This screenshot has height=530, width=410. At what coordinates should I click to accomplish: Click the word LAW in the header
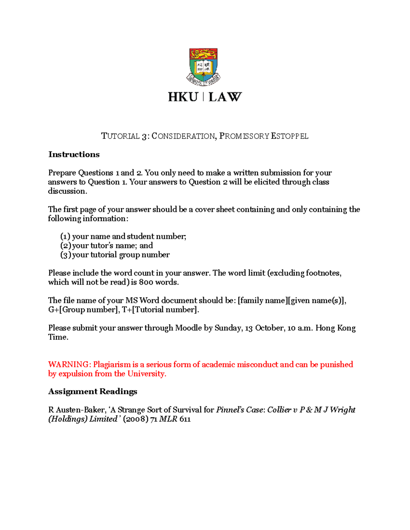pos(225,97)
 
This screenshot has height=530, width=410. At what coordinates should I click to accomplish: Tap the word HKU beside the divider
pos(183,97)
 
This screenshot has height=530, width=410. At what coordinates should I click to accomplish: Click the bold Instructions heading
pos(74,155)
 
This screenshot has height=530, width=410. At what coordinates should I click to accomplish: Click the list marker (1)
pos(65,237)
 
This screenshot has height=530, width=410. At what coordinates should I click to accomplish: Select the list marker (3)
pos(65,255)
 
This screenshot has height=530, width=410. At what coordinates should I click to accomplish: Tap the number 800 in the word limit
pos(146,282)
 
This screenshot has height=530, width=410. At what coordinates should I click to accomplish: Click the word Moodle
pos(188,328)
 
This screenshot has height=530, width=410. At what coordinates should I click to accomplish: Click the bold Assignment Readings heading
pos(93,391)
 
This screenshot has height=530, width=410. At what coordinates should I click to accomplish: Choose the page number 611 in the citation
pos(185,419)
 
